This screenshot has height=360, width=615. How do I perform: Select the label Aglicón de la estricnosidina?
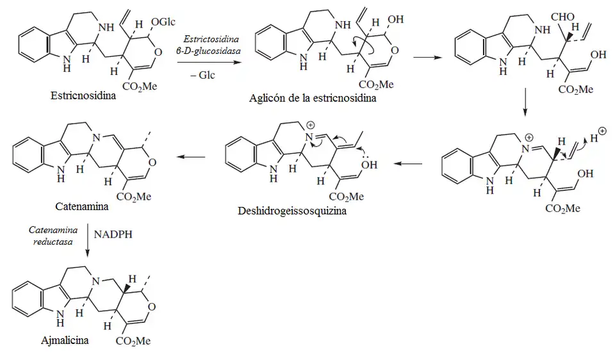tap(313, 99)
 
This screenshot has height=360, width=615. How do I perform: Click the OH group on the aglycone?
tap(395, 20)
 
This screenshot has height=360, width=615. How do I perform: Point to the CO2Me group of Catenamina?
tap(133, 196)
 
